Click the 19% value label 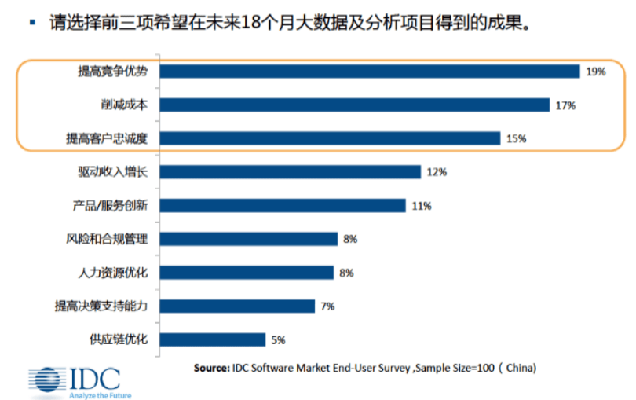[595, 72]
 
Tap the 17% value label [565, 105]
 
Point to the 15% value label [516, 138]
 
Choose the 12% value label [437, 172]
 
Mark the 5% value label [278, 339]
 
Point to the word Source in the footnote [210, 367]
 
